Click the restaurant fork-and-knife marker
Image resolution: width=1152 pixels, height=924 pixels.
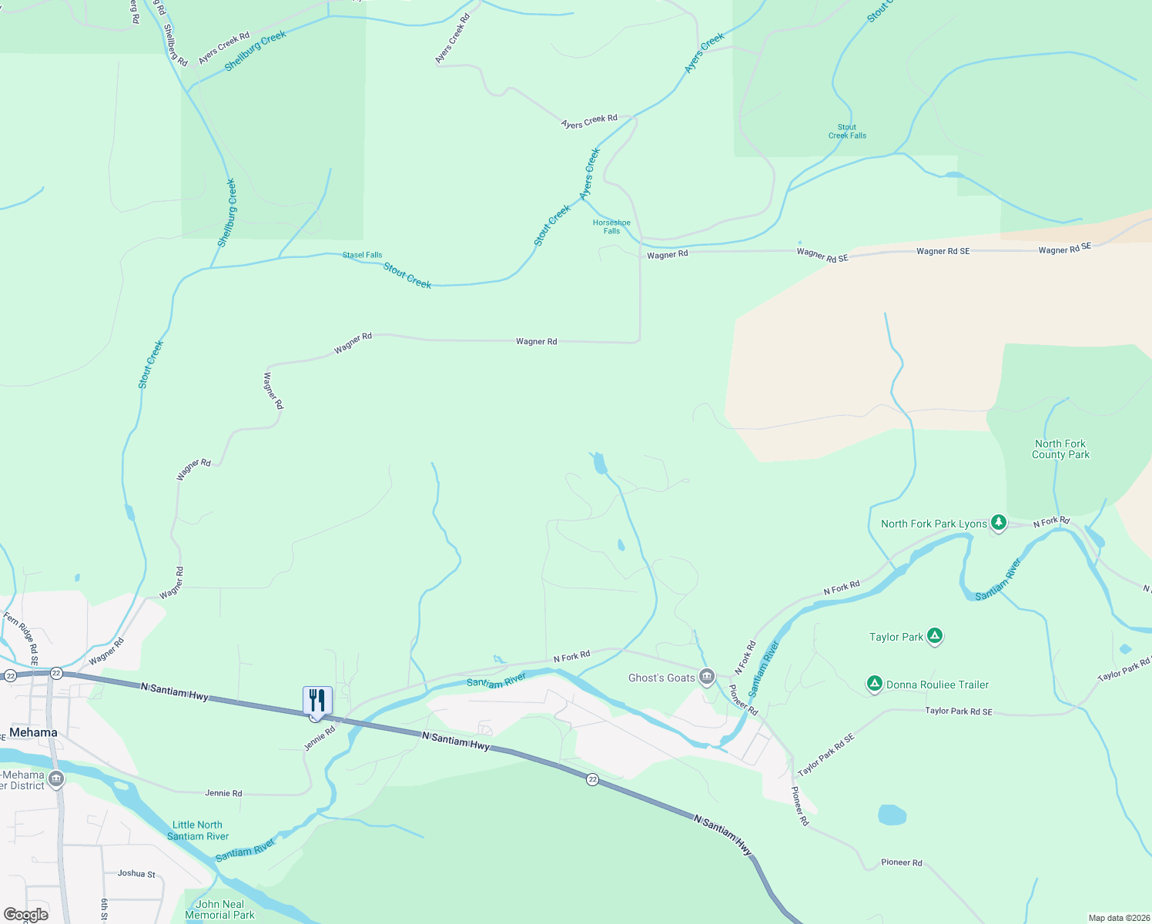(x=317, y=701)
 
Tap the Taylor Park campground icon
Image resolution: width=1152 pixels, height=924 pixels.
(x=935, y=636)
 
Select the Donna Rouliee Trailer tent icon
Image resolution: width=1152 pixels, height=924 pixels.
(x=874, y=684)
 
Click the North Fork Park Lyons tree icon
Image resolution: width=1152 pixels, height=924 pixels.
(x=998, y=523)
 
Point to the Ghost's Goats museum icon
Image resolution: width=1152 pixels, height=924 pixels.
(x=706, y=678)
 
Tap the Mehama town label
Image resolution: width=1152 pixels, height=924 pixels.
(x=33, y=732)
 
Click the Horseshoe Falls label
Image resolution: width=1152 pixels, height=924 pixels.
(x=611, y=226)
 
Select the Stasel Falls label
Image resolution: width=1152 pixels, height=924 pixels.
(x=362, y=255)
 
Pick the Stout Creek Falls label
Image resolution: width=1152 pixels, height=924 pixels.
(x=847, y=132)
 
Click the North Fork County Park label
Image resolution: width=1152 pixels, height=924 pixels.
(x=1060, y=449)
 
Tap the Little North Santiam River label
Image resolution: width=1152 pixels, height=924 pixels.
(x=198, y=830)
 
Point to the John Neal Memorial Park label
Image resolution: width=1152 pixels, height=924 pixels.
(x=219, y=909)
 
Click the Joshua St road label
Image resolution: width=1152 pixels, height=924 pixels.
(x=136, y=873)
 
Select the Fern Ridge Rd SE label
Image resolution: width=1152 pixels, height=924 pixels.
(x=21, y=638)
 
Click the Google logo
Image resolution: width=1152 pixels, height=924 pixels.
(x=25, y=915)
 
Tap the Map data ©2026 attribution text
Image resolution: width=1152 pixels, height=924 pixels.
(x=1117, y=918)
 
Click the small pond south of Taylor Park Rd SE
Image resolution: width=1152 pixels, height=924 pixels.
(x=892, y=815)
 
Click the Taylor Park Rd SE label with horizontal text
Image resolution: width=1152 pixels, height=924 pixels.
(x=958, y=711)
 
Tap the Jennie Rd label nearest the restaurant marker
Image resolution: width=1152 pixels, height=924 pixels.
(x=320, y=738)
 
